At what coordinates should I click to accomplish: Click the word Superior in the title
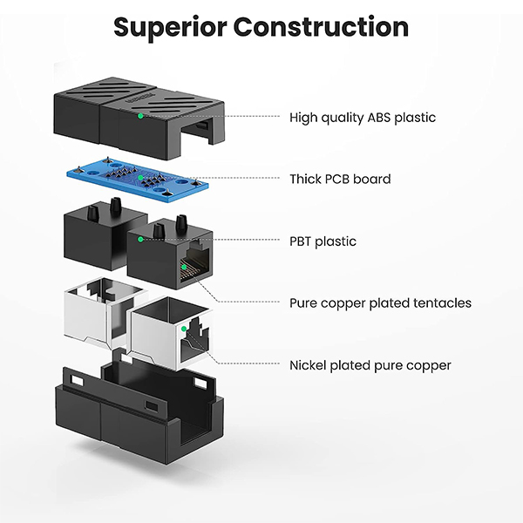click(171, 27)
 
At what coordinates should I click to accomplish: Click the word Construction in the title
click(321, 27)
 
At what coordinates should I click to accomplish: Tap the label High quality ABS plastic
click(363, 118)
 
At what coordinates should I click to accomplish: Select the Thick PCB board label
click(340, 179)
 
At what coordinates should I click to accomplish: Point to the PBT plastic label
click(323, 241)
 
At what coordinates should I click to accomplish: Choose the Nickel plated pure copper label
click(370, 365)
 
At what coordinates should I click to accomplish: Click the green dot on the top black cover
click(140, 116)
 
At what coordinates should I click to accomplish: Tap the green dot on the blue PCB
click(140, 178)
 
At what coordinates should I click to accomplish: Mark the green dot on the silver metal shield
click(183, 329)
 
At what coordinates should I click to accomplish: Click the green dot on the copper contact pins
click(184, 267)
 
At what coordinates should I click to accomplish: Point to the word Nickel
click(308, 365)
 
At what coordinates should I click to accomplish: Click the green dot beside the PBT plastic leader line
click(140, 239)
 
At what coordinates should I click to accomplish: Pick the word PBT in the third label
click(300, 241)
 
